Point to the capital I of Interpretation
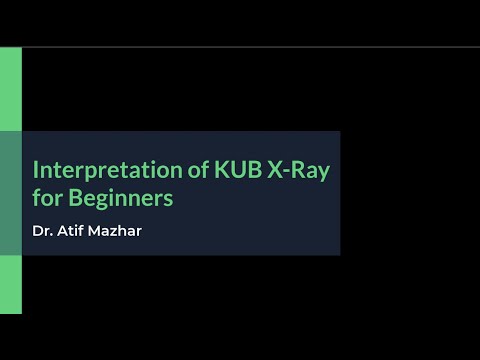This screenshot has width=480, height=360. click(36, 169)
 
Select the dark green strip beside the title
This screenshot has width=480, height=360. click(10, 193)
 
